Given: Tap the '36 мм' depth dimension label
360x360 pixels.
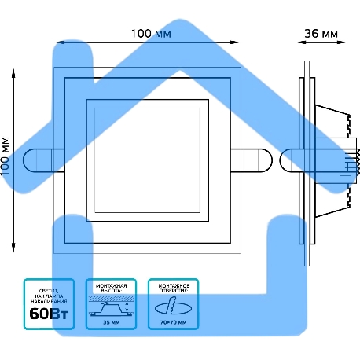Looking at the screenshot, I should [x=321, y=34].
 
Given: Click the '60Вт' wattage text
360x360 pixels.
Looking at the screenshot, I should [x=49, y=315].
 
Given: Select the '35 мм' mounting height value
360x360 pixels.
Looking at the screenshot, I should [x=111, y=322].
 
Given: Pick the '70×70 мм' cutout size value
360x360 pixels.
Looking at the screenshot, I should [x=173, y=322].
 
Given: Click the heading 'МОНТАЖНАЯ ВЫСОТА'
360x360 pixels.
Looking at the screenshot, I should [x=111, y=287].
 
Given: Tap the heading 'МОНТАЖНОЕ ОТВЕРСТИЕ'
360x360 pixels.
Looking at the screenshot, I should [x=173, y=287].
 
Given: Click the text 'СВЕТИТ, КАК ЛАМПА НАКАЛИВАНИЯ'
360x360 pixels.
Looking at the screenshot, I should [x=49, y=295].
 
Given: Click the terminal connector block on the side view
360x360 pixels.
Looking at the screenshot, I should [x=346, y=160].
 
